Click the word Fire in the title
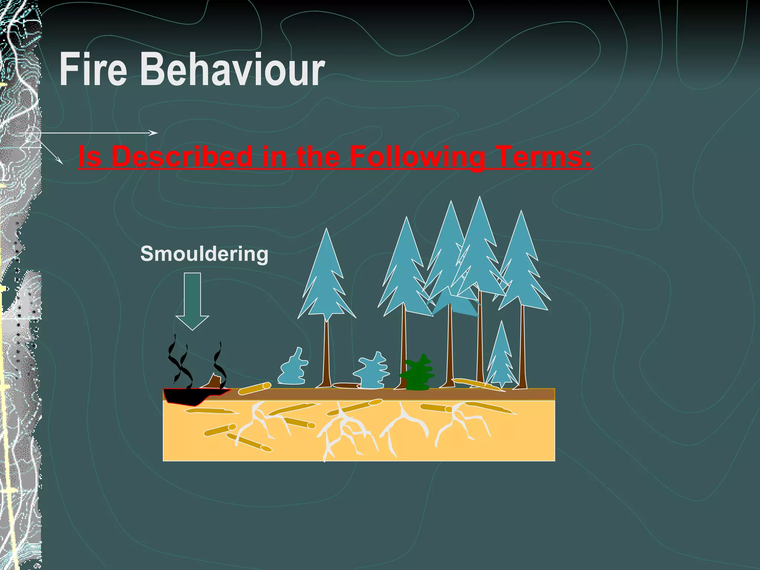[x=93, y=69]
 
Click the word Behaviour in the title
[x=233, y=69]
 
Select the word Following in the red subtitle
[x=417, y=157]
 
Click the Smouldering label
[x=204, y=254]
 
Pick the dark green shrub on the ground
[x=417, y=374]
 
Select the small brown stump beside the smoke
[x=214, y=381]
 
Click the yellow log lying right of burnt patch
[x=255, y=388]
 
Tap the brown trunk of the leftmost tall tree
[x=327, y=356]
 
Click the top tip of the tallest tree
[x=479, y=199]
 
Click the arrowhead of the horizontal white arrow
[x=154, y=133]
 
